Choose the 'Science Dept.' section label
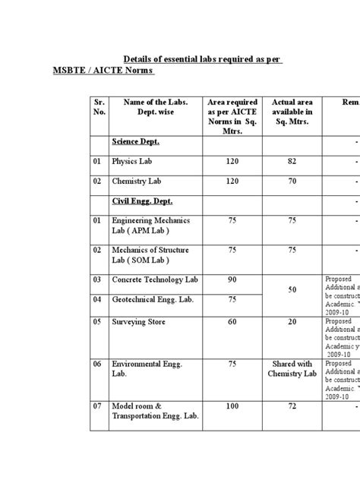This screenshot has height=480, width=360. [137, 142]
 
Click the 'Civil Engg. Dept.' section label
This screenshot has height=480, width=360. [143, 201]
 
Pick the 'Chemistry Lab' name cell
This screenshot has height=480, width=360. [137, 182]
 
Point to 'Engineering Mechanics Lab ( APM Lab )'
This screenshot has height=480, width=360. [150, 225]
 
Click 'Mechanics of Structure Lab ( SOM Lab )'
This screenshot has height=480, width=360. [150, 254]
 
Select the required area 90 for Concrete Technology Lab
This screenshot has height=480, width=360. [232, 280]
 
